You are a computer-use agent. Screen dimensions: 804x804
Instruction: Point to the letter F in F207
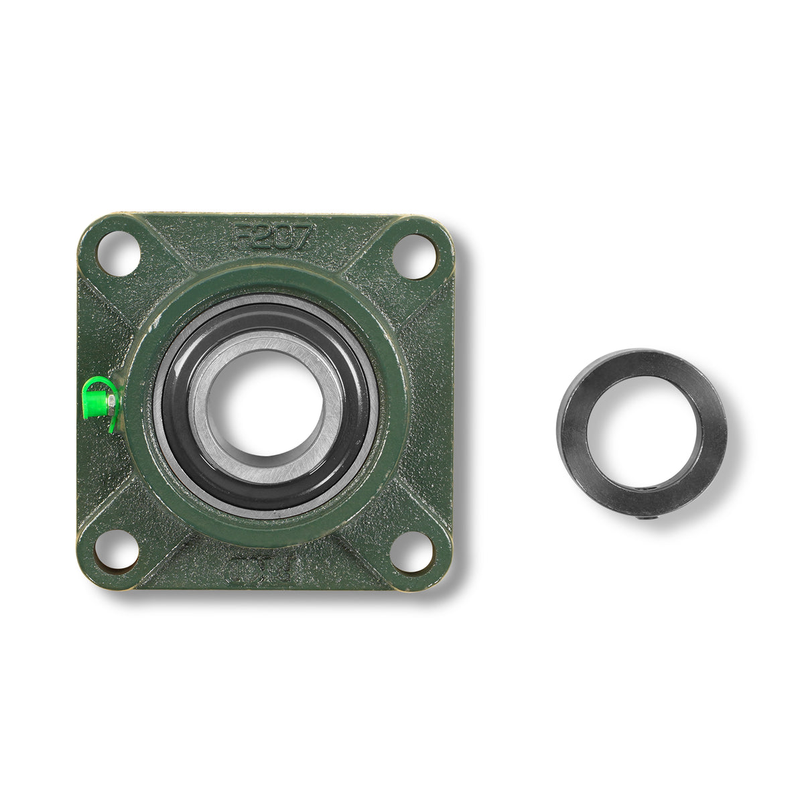(x=241, y=236)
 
